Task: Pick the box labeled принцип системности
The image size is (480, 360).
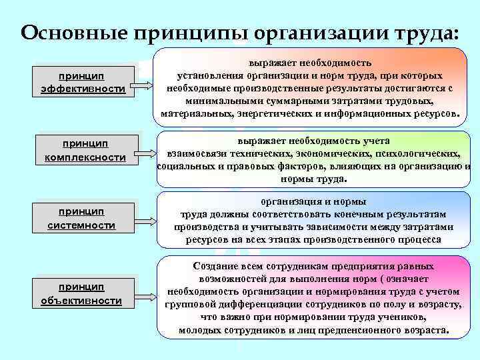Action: tap(82, 219)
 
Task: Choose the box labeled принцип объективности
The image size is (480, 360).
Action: tap(81, 294)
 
